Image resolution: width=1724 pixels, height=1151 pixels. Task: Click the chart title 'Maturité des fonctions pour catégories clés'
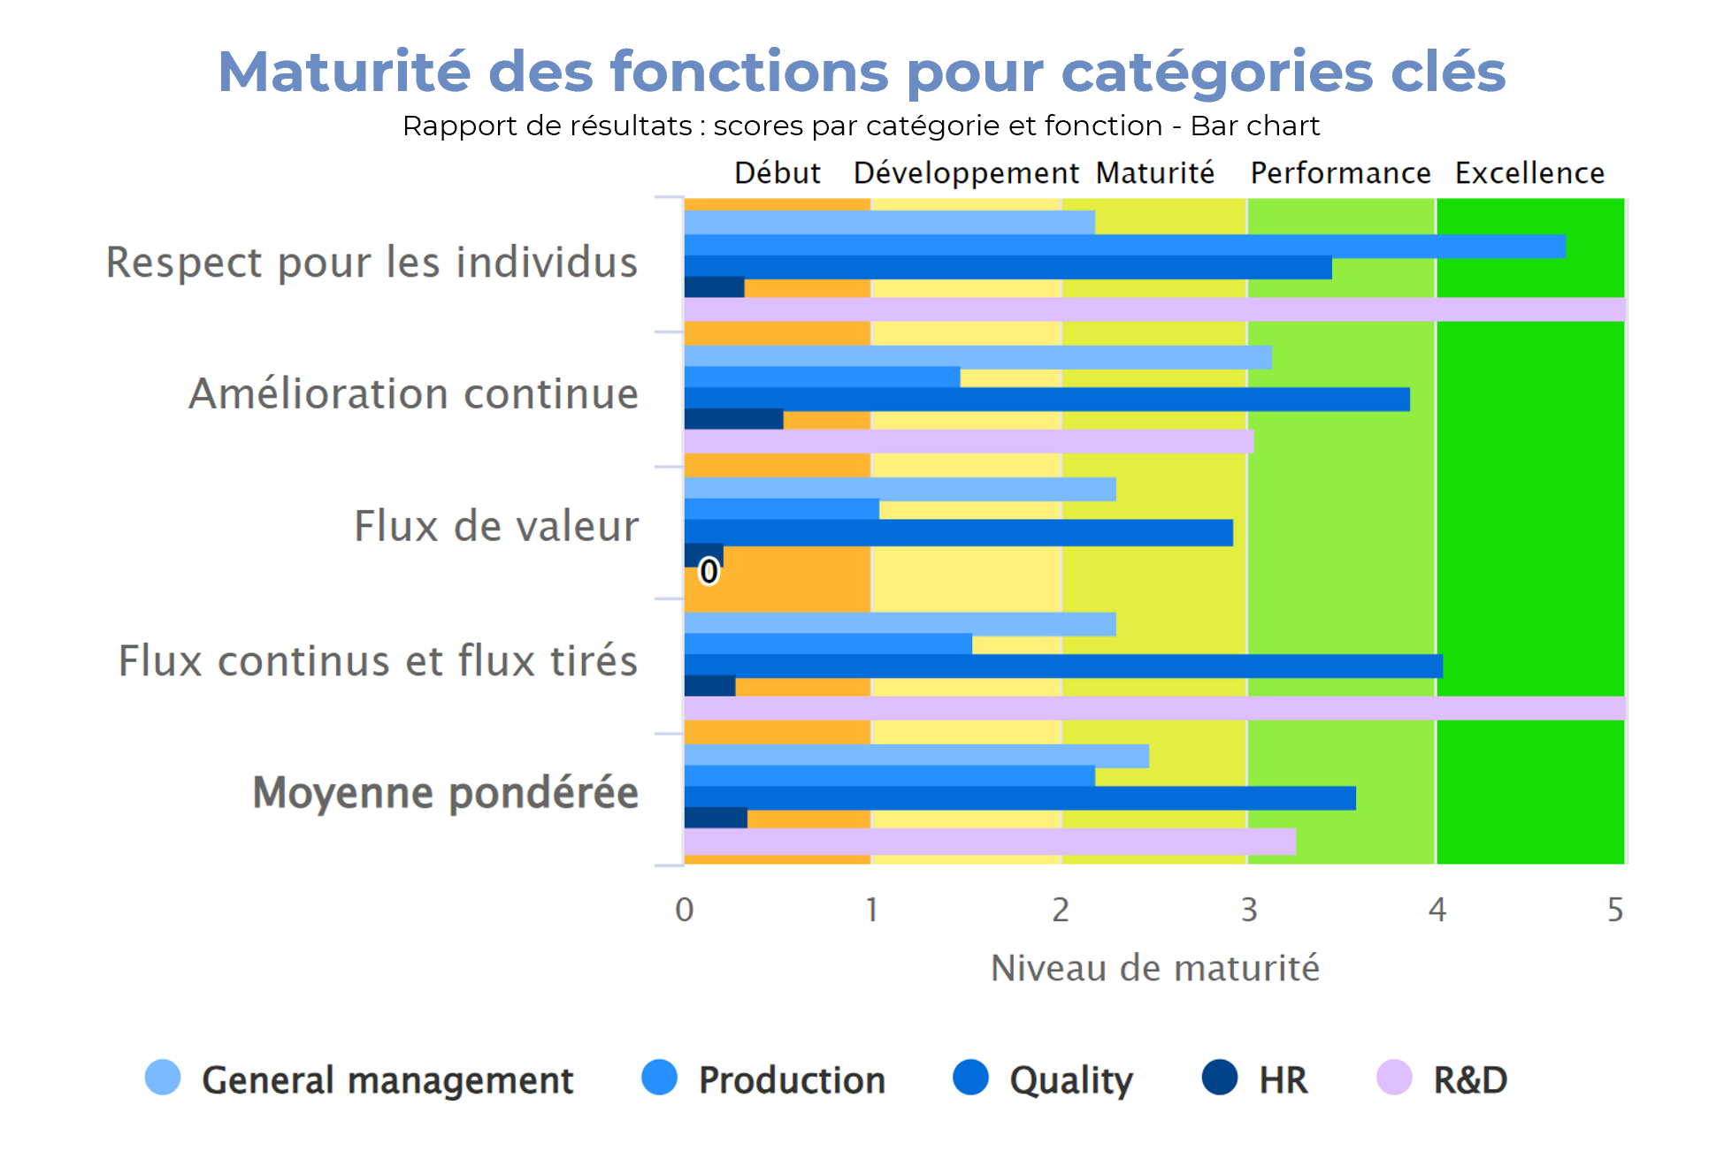(x=862, y=72)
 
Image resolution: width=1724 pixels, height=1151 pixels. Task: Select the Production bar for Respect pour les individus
(x=1124, y=246)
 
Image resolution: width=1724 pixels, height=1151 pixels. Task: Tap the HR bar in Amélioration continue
(x=733, y=419)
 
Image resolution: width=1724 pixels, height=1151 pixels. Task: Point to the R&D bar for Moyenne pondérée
(x=990, y=842)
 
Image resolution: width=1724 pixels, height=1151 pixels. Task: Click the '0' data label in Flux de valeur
(x=709, y=571)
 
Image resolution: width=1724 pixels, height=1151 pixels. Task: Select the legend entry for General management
(x=387, y=1079)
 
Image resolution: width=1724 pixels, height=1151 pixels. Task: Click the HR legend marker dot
(x=1220, y=1078)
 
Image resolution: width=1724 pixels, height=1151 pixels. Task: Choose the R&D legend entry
(x=1469, y=1079)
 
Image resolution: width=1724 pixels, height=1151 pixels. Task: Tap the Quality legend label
(x=1070, y=1079)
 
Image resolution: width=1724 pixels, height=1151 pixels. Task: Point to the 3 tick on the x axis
(x=1248, y=910)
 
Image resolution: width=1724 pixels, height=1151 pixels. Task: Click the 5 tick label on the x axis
(x=1615, y=910)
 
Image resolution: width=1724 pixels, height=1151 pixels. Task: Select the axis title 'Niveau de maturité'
(x=1154, y=968)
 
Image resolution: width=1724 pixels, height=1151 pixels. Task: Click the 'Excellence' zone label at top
(x=1529, y=173)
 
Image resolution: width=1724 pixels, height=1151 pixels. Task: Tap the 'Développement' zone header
(x=966, y=173)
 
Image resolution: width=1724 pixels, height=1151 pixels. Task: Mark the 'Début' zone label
(x=778, y=173)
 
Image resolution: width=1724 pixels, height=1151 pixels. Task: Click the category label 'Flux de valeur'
(x=496, y=526)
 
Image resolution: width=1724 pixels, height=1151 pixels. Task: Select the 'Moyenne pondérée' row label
(x=445, y=792)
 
